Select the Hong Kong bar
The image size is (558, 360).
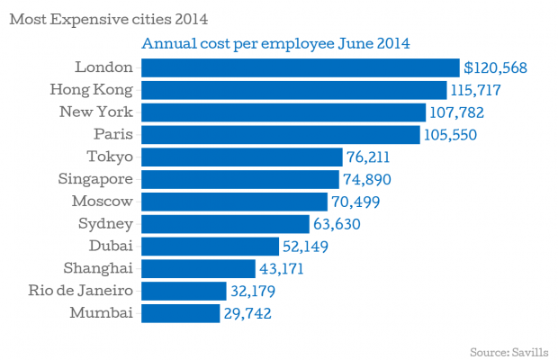(x=294, y=90)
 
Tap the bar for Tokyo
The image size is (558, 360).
(x=242, y=157)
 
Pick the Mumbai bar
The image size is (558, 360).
(x=181, y=313)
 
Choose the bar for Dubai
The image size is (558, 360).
(x=210, y=246)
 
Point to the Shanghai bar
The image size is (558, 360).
(x=198, y=268)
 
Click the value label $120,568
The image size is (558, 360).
(x=495, y=67)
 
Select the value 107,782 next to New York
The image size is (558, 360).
(x=461, y=112)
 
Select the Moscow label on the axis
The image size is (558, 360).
(x=103, y=201)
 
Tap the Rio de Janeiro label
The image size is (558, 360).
(x=80, y=290)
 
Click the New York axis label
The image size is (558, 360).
(x=96, y=112)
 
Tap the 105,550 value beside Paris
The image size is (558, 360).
(x=456, y=135)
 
